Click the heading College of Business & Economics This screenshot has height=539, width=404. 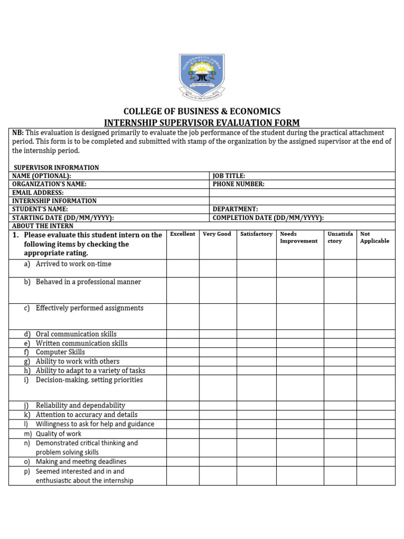point(202,112)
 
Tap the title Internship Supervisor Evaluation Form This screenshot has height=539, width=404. point(202,123)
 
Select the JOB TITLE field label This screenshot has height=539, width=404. point(229,176)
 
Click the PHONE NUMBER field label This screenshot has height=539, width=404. point(238,184)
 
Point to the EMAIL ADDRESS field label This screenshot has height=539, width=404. point(38,193)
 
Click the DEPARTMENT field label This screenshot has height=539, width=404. point(235,209)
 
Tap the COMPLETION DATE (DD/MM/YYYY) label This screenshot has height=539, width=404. point(268,217)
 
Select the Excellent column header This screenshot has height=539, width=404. point(183,234)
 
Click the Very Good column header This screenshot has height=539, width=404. point(217,234)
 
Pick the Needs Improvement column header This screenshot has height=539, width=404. point(299,237)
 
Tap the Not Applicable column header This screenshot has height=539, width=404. point(375,237)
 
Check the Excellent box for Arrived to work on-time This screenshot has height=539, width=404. point(183,268)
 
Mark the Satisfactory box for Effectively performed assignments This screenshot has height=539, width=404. point(256,316)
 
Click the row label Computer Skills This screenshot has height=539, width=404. point(60,352)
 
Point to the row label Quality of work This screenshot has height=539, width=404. point(58,434)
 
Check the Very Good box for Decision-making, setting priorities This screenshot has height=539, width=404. point(218,387)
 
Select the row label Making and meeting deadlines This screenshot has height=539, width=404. point(81,462)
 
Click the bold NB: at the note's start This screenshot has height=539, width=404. point(18,133)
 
